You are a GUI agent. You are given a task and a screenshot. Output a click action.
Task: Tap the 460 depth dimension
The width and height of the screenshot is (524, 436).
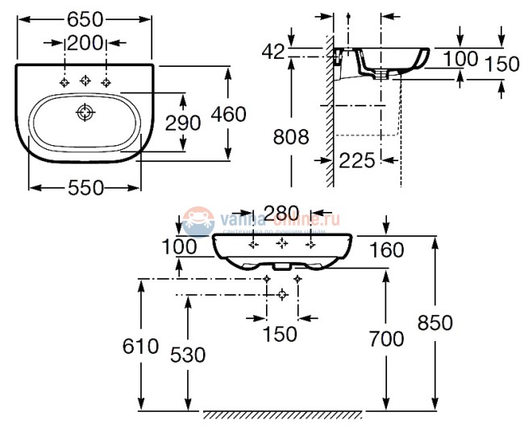(229, 114)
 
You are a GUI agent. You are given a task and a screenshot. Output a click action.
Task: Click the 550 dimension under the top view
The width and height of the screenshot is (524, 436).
(85, 187)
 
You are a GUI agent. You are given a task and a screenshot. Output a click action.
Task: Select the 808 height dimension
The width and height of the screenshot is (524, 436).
(289, 137)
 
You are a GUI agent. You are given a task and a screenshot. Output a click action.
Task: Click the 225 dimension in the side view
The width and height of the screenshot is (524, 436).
(357, 160)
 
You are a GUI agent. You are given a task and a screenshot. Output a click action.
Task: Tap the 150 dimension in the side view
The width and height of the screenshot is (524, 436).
(502, 64)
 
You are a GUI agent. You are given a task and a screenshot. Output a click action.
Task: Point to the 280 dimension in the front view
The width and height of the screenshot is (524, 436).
(281, 213)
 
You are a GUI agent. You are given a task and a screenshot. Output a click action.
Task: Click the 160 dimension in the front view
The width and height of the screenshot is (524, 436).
(387, 251)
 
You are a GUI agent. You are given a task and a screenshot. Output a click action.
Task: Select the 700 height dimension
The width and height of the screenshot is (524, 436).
(387, 339)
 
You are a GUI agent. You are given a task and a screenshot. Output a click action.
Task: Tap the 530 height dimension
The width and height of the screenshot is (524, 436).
(188, 355)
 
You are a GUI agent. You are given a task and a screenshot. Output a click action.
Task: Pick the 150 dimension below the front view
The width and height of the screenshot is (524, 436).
(281, 332)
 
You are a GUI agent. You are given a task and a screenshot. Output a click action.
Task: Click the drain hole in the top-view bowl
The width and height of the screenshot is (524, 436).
(85, 113)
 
